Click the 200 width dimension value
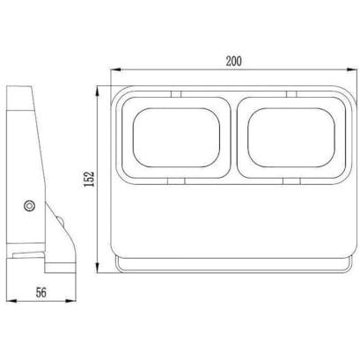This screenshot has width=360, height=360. pos(234,61)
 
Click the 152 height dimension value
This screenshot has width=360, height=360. pos(89,179)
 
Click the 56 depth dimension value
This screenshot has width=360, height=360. pos(41,292)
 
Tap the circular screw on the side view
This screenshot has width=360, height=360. pos(29,206)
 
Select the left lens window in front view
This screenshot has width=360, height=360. pos(176,137)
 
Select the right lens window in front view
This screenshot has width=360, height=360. pos(291,137)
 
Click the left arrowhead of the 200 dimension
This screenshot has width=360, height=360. pos(115,70)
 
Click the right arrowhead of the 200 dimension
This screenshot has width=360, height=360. pos(352,70)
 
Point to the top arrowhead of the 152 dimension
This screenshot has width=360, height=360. pos(98,91)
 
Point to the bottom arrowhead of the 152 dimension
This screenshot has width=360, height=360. pos(98,268)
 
